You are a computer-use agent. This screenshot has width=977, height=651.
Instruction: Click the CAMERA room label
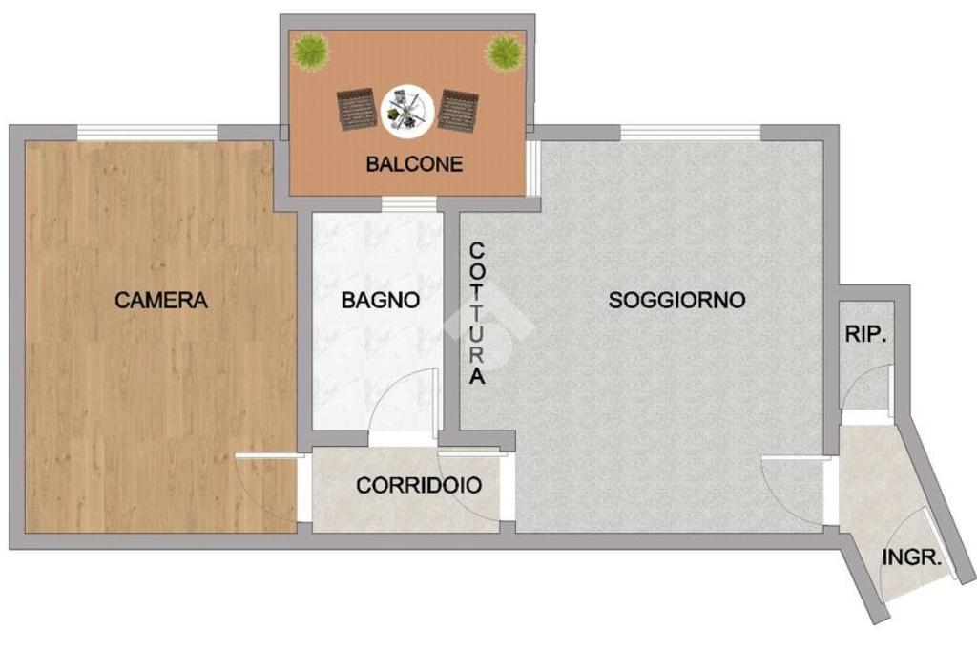point(160,300)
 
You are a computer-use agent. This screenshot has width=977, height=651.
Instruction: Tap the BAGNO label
point(380,300)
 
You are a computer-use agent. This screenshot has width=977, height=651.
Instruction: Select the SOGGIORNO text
point(676,300)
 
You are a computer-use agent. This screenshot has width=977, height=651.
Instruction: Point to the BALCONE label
point(414,164)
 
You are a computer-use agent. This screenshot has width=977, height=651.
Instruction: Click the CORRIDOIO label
point(419,485)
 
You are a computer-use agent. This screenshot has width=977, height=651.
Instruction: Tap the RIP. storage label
point(866,335)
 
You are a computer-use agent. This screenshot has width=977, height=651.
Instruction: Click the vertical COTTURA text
point(477,314)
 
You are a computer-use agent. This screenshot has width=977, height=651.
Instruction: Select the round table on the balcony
point(407,111)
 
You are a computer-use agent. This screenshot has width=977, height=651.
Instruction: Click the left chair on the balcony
point(357,110)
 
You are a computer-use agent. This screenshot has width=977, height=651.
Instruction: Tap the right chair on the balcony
point(458,111)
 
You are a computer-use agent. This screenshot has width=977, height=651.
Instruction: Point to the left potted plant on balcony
point(311,52)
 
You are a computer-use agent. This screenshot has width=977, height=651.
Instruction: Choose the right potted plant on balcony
point(504,52)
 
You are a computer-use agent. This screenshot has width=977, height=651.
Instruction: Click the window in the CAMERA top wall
point(148,133)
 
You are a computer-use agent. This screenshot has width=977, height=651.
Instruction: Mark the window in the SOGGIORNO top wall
point(691,133)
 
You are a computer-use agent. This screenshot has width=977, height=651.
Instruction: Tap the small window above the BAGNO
point(408,204)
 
